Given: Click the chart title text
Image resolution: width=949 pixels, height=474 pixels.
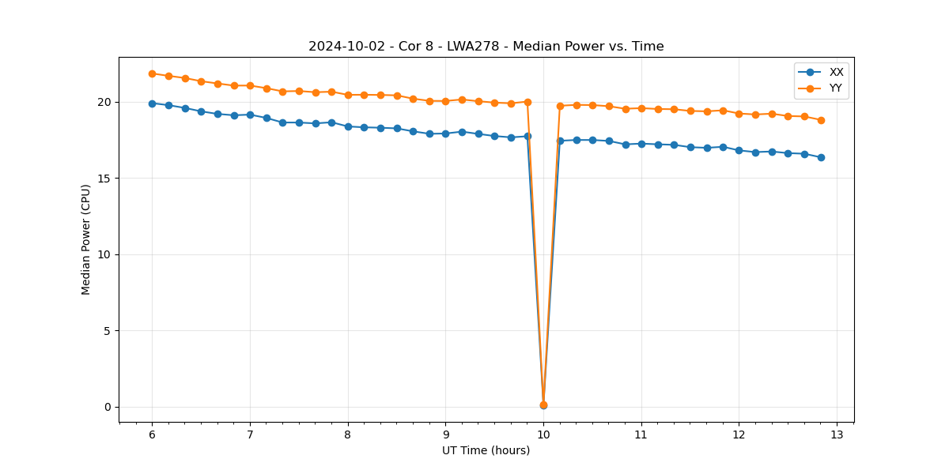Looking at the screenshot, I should click(x=486, y=47).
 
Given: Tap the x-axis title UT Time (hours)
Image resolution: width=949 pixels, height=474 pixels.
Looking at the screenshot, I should click(x=486, y=450).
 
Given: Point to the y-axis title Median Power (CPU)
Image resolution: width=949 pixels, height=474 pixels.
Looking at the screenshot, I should click(x=86, y=239).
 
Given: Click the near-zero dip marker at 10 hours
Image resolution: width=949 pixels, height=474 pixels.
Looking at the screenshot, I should click(x=543, y=405).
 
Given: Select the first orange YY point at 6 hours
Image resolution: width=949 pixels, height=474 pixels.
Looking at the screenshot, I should click(x=152, y=73).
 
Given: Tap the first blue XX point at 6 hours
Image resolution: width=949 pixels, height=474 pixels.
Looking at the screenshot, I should click(x=152, y=103).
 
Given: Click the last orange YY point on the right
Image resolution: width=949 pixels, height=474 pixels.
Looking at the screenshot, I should click(x=821, y=120).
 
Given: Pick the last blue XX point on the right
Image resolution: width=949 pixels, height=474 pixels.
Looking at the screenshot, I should click(x=821, y=157).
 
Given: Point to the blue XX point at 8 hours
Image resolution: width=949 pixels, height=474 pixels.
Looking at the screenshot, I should click(x=348, y=126).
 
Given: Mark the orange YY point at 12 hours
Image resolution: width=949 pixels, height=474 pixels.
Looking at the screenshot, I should click(x=739, y=114).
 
